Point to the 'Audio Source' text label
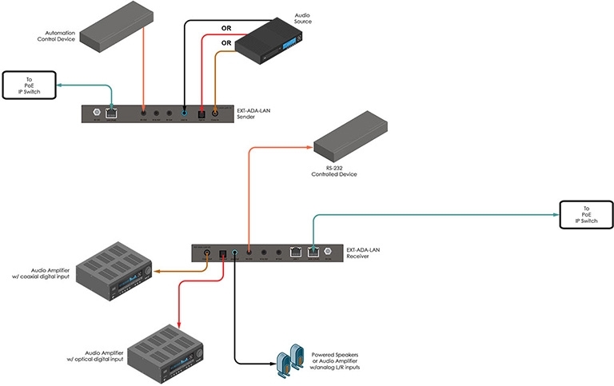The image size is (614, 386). pos(302,18)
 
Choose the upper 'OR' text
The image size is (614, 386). pos(226,29)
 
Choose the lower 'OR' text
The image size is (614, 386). pos(226,43)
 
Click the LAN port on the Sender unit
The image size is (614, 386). pos(111,113)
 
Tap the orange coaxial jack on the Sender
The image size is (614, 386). pos(215,114)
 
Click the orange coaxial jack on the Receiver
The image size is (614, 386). pos(207,253)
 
